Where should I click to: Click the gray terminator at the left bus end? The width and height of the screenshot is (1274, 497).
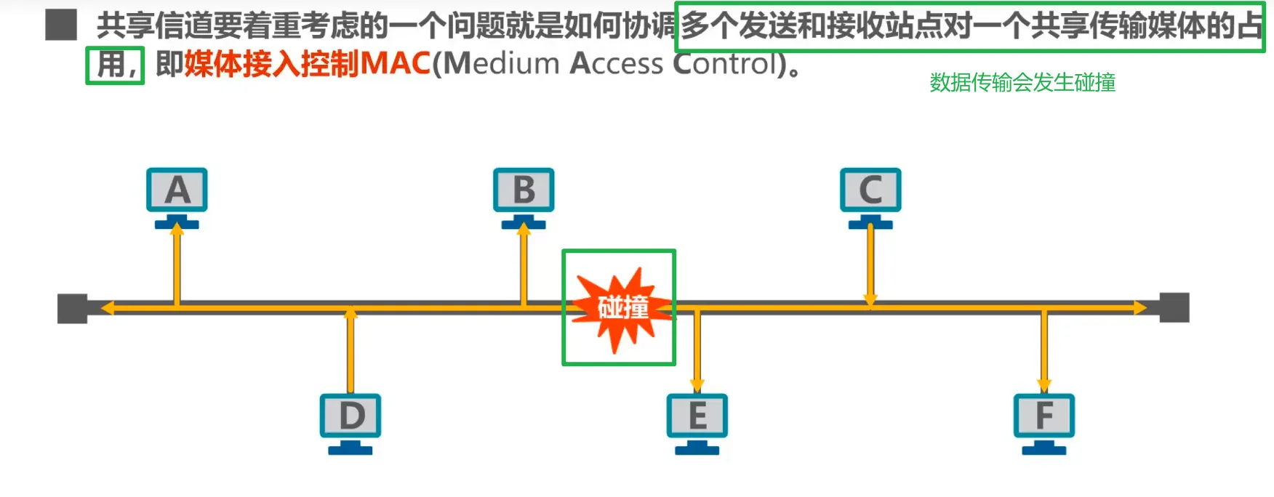[73, 308]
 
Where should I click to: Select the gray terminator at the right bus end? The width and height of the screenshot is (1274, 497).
[1174, 307]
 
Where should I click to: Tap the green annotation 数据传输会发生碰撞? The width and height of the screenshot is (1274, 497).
[1022, 83]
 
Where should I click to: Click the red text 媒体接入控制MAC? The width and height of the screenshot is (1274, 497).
[308, 65]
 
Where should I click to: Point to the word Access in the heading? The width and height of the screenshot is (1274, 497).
[617, 65]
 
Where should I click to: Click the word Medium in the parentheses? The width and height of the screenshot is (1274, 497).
[502, 65]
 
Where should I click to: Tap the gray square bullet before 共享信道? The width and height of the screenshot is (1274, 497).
[61, 25]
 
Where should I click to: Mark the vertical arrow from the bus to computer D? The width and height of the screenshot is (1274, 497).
[350, 350]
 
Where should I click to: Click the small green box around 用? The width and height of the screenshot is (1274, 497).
[115, 65]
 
